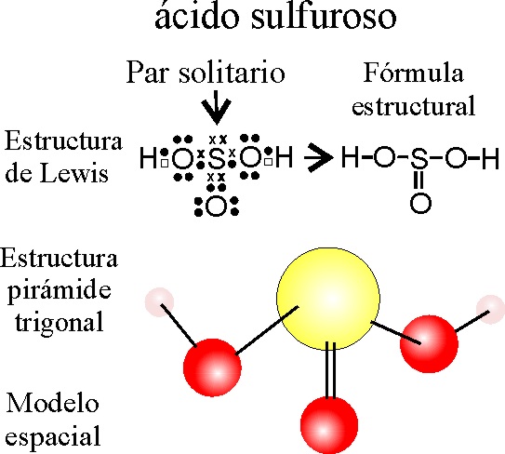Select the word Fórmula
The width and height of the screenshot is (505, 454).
414,73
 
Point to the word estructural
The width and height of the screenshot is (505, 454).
414,106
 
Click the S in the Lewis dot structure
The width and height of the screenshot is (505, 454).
217,157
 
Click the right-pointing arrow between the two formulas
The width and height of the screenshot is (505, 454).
318,157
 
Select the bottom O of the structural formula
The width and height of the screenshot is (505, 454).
420,203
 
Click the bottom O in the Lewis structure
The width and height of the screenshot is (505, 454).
216,207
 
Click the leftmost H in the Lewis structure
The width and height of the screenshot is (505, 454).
148,157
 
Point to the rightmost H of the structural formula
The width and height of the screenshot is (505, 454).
490,157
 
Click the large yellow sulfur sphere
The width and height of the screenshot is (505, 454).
328,299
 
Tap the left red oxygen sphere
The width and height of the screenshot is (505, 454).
212,367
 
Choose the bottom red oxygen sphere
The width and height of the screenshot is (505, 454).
329,424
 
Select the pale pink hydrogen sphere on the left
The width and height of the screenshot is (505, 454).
159,302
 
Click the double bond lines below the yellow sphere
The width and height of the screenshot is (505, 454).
331,370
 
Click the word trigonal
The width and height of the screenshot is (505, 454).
60,322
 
